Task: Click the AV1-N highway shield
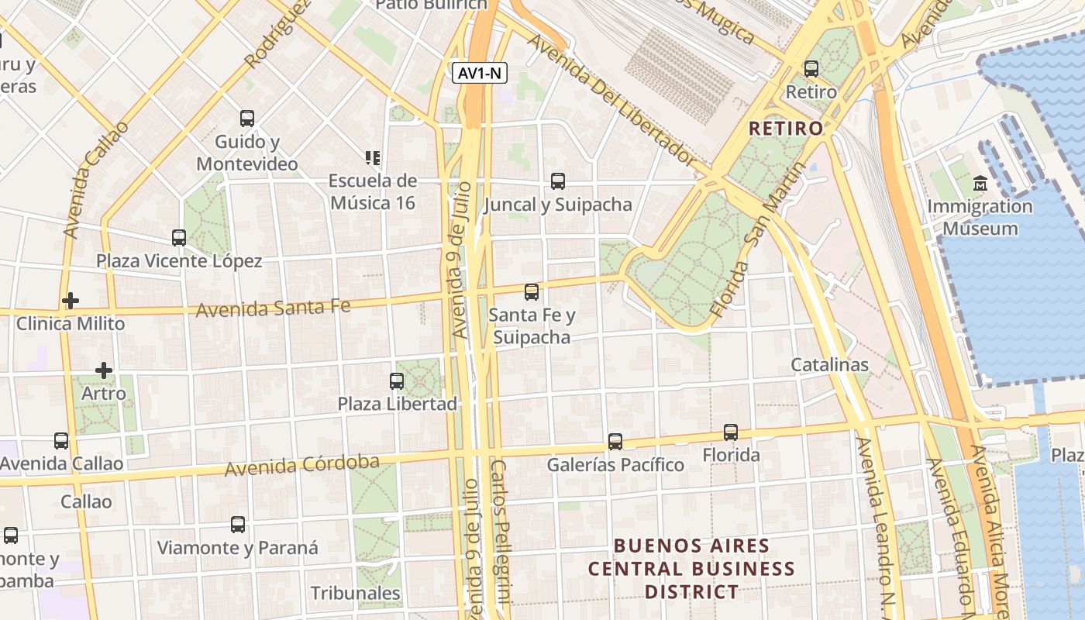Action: (480, 74)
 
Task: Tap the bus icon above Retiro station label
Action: (811, 69)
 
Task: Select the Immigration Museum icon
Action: (980, 184)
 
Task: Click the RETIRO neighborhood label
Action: (786, 129)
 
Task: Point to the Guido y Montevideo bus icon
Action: (247, 119)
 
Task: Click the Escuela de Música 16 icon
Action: (373, 158)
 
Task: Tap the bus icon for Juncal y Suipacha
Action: (558, 181)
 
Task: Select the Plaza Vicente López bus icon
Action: (179, 238)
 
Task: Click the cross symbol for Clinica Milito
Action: (71, 300)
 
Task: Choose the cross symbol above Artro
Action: (104, 370)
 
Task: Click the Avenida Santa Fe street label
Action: (273, 308)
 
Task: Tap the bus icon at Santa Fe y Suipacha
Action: (532, 292)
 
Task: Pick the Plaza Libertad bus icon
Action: (397, 381)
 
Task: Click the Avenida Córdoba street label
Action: (302, 466)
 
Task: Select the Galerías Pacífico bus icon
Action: (615, 442)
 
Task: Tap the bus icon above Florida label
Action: (731, 432)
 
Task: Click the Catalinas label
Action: (829, 364)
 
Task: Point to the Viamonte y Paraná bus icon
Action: (238, 525)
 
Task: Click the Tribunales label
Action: (355, 594)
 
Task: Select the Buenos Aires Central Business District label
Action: (691, 569)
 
